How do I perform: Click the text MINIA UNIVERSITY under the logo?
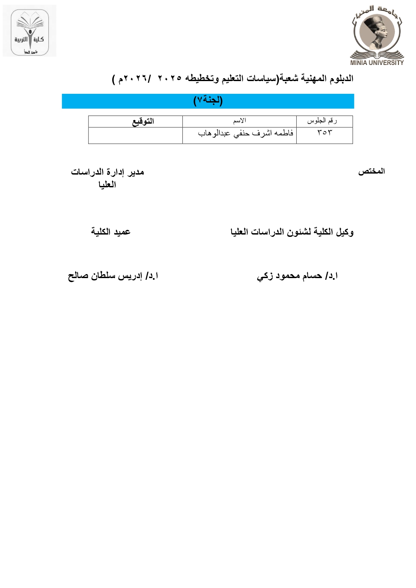[377, 62]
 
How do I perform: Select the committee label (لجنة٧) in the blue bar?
[208, 101]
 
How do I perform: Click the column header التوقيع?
[143, 121]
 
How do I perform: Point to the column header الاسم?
[239, 121]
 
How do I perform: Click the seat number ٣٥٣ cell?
[324, 133]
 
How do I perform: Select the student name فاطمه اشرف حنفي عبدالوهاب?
[246, 133]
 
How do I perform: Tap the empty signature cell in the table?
[135, 135]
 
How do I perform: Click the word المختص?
[371, 172]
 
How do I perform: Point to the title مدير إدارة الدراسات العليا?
[107, 178]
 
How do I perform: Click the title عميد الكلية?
[111, 232]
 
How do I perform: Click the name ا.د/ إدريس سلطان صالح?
[113, 276]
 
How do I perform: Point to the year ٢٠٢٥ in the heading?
[169, 78]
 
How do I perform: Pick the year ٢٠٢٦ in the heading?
[135, 79]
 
